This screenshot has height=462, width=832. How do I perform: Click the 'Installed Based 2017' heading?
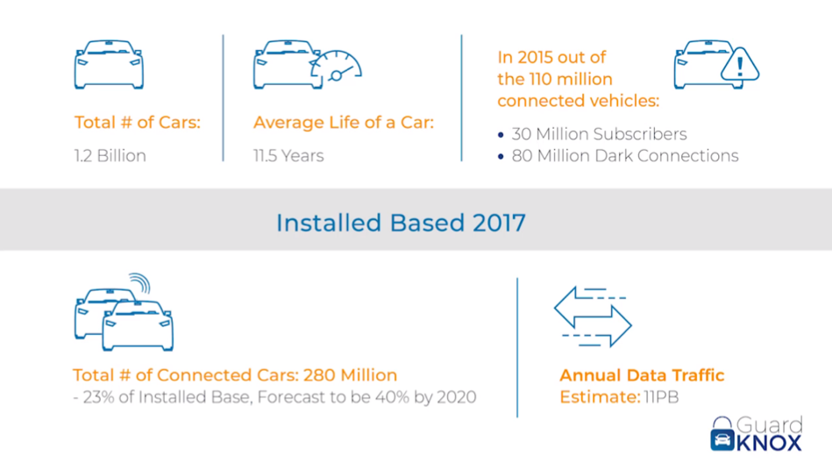(x=401, y=223)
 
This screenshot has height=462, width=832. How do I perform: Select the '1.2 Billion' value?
(x=110, y=155)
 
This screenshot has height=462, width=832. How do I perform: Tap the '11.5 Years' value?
(x=288, y=155)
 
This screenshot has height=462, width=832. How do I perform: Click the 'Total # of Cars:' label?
(x=138, y=122)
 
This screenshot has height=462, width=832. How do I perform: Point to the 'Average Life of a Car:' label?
(x=344, y=123)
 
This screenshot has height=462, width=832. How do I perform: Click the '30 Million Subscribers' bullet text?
(x=599, y=133)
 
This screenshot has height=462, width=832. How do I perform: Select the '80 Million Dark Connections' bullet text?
(x=625, y=155)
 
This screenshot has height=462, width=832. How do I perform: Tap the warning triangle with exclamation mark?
(x=740, y=65)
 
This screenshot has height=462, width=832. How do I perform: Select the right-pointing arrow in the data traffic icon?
(x=611, y=324)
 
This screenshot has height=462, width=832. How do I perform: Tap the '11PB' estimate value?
(x=661, y=397)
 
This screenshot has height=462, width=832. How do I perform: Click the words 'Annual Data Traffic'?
(x=642, y=375)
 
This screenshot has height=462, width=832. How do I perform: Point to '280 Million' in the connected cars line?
(x=350, y=375)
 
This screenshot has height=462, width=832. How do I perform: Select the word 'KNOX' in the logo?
(x=769, y=443)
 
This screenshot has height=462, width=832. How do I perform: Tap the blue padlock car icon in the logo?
(x=722, y=434)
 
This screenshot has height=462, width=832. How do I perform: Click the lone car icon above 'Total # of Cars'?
(x=109, y=64)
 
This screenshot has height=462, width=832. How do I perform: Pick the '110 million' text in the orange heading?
(x=571, y=79)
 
